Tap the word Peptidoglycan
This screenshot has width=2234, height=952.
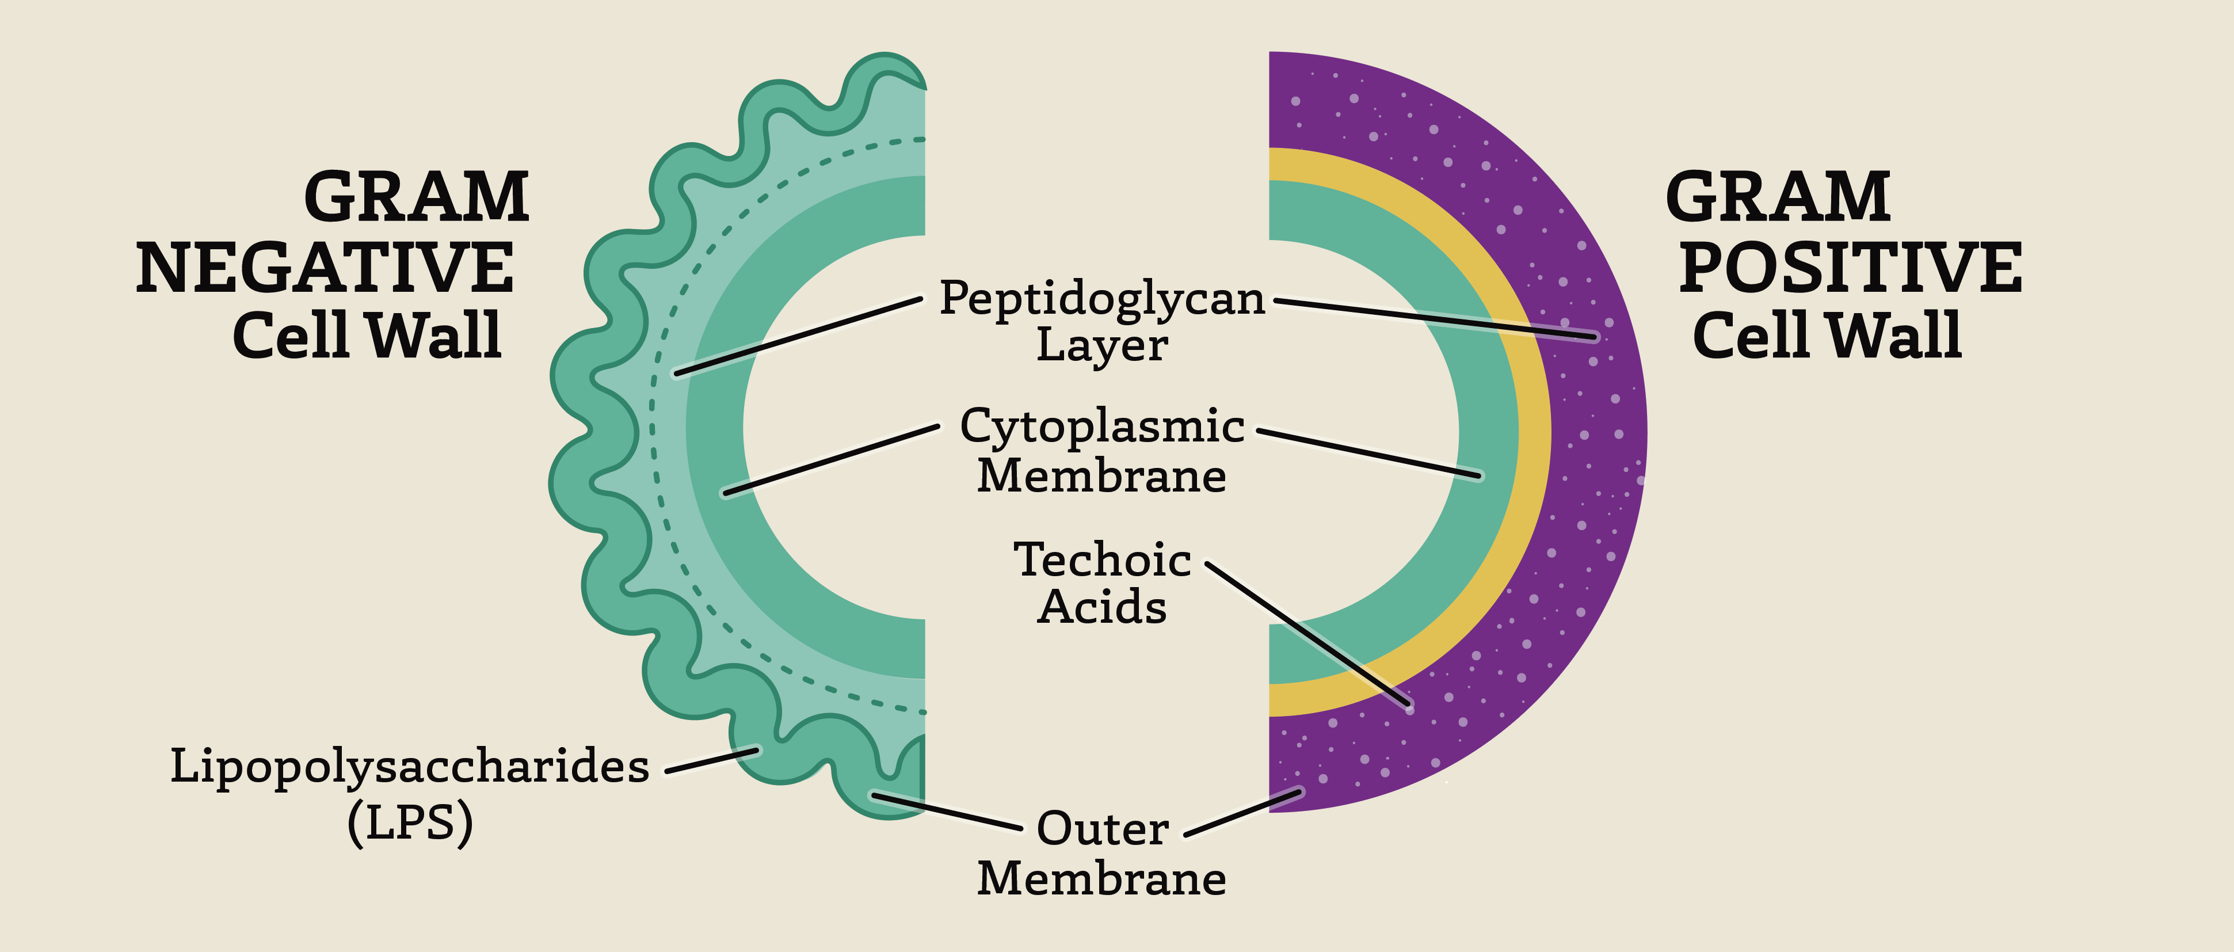point(1102,299)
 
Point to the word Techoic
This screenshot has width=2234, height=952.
point(1102,560)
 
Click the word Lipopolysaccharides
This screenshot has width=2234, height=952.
point(409,767)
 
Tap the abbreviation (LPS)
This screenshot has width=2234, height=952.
point(409,822)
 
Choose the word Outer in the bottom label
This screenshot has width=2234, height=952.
point(1102,829)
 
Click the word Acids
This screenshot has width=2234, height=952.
point(1102,607)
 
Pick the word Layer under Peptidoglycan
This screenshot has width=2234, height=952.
point(1102,345)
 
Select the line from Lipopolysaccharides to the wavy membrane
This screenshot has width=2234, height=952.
point(712,760)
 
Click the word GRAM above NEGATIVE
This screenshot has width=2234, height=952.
point(416,197)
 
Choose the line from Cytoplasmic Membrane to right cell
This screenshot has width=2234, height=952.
point(1368,452)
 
